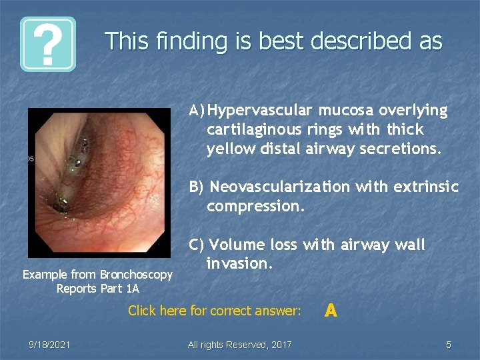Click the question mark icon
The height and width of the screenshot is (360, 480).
[x=47, y=44]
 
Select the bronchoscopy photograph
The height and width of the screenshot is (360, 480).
[x=99, y=183]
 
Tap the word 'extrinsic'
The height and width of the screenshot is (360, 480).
[x=426, y=187]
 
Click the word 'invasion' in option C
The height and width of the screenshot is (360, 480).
[x=238, y=265]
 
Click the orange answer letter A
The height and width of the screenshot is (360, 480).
[x=331, y=310]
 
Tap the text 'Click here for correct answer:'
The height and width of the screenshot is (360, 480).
[x=214, y=311]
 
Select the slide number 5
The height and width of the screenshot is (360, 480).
[x=449, y=345]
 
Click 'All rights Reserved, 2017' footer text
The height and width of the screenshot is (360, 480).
[x=239, y=345]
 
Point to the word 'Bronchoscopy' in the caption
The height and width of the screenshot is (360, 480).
[x=135, y=275]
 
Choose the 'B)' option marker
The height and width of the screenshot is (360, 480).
[x=197, y=187]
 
